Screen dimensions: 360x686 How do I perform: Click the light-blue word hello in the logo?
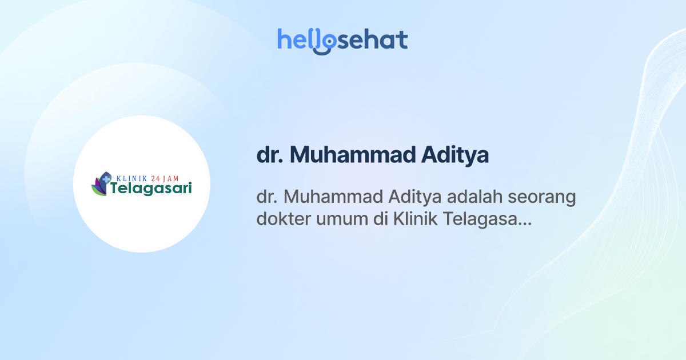coord(300,40)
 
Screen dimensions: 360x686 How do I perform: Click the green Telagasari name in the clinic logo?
coord(151,189)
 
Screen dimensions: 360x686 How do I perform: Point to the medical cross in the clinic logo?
coord(106,179)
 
